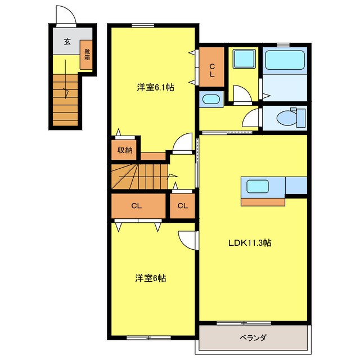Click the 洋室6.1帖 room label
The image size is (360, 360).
point(155,87)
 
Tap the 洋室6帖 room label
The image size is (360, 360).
point(150,278)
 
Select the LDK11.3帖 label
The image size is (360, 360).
point(250,243)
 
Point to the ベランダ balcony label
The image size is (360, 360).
point(253,337)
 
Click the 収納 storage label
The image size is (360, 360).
point(125,150)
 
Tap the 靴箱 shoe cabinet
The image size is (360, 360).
point(87,55)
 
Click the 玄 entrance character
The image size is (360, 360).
point(67,41)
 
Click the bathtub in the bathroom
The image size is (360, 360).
point(285,58)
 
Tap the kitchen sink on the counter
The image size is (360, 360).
point(256,186)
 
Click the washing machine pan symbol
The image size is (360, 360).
point(243,58)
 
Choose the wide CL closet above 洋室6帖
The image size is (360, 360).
point(136,206)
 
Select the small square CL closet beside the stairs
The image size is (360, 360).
point(182,206)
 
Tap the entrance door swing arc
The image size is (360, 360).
point(64,15)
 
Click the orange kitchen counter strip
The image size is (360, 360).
point(262,200)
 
